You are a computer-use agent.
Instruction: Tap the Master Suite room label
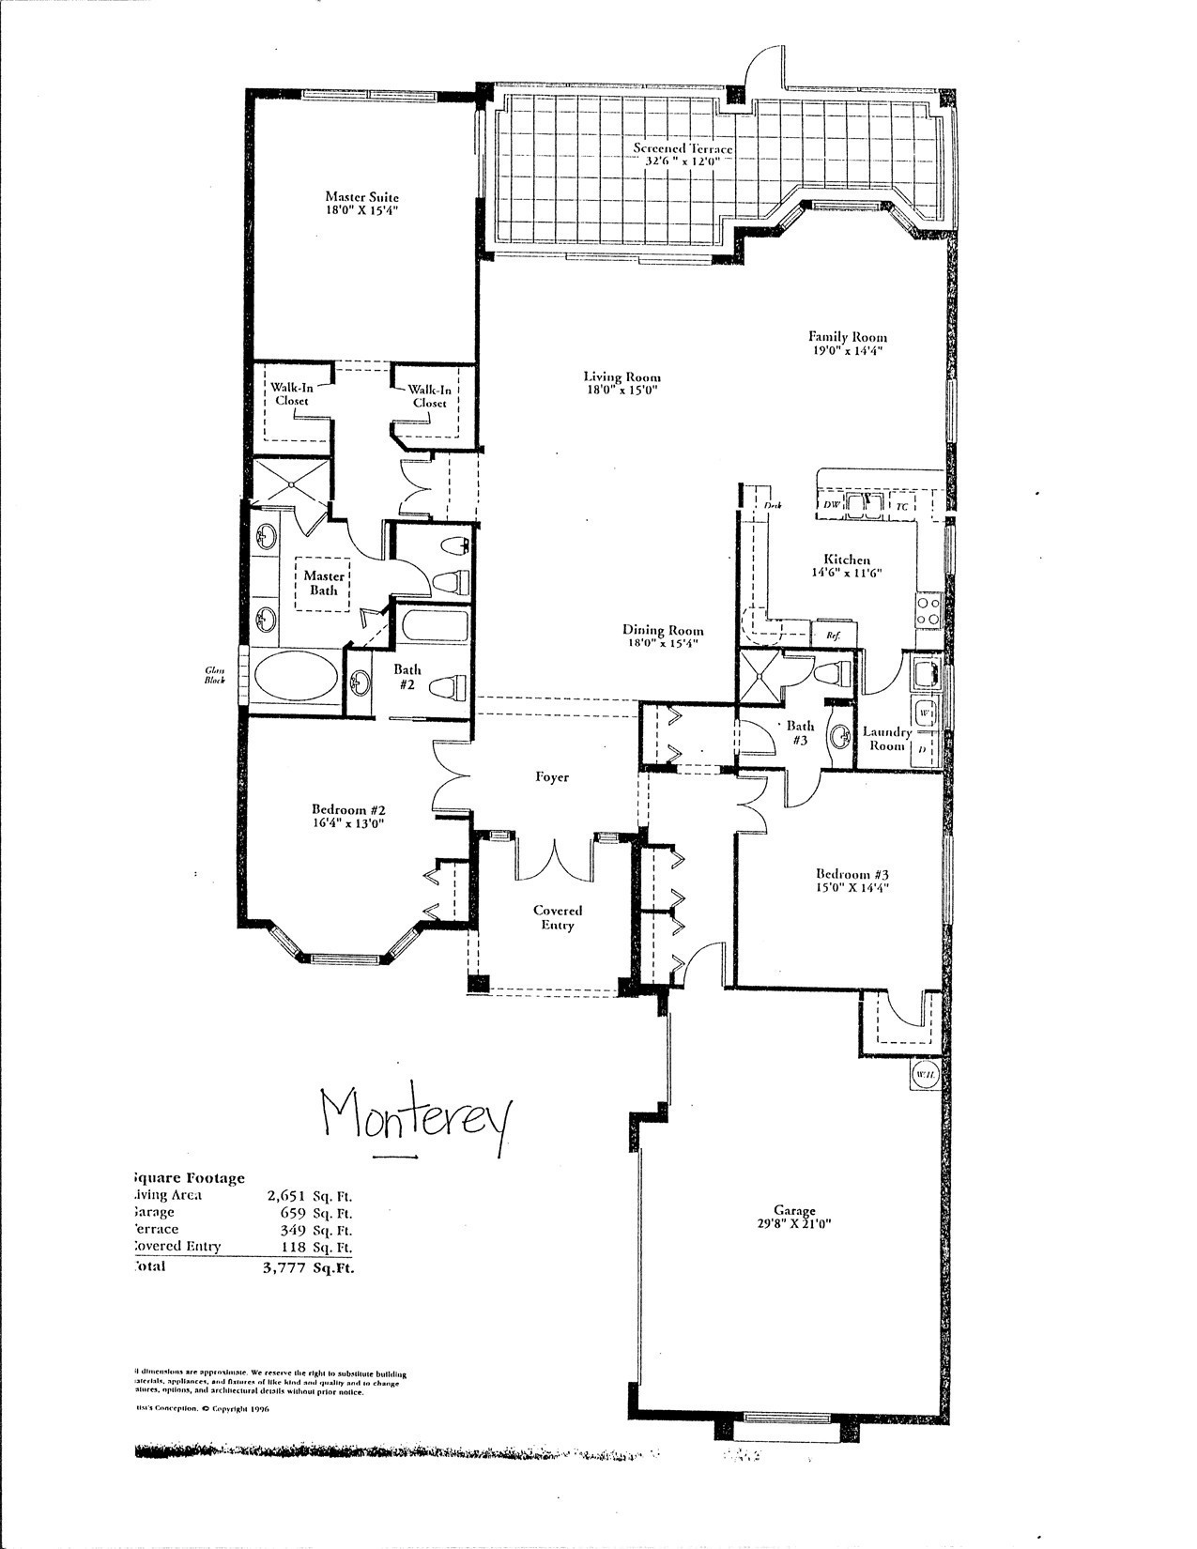(361, 197)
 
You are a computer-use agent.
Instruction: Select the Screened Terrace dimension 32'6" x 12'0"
(683, 161)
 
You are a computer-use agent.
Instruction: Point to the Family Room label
(848, 336)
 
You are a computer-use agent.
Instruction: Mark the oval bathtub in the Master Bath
(293, 677)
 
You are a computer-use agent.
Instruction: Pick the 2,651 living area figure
(287, 1195)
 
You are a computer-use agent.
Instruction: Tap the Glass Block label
(216, 673)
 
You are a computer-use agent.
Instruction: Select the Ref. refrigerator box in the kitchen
(833, 635)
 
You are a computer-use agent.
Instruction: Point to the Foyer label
(552, 776)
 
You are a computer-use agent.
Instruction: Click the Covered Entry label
(558, 917)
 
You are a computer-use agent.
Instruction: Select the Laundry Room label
(886, 739)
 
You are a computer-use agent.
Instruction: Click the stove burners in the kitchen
(928, 611)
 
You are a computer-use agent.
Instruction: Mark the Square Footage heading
(190, 1177)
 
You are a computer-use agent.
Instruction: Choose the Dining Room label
(663, 631)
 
